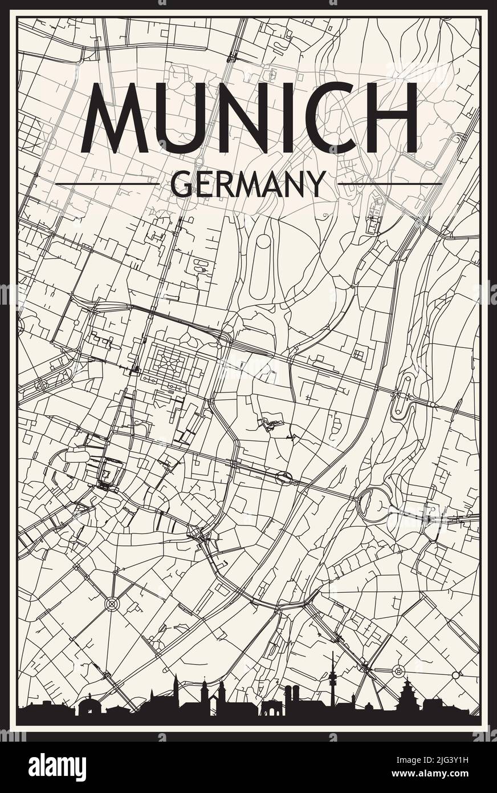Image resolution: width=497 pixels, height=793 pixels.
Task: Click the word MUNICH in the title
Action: point(249,118)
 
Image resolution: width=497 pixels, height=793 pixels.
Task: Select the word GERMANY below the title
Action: point(248,184)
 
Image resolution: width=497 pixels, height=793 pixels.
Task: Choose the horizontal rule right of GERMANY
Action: point(390,184)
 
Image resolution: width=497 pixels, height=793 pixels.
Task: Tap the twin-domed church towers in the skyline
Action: point(292,699)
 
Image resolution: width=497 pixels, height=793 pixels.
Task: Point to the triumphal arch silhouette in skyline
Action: point(271,708)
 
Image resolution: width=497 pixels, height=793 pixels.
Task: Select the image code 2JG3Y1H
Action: point(434,760)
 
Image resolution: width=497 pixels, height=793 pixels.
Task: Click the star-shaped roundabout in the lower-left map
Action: point(112,602)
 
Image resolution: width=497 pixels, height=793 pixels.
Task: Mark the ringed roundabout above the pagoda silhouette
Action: point(398,670)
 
